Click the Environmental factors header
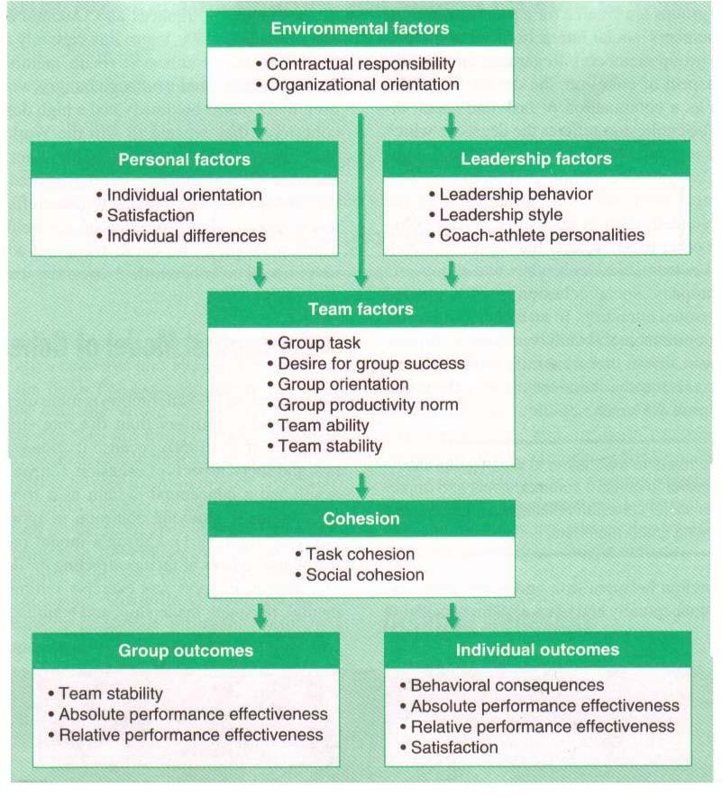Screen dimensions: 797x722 coord(361,29)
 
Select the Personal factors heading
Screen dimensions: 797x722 coord(185,160)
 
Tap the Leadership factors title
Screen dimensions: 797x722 coord(536,159)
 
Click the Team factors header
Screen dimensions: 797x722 coord(361,309)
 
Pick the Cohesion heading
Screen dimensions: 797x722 coord(361,519)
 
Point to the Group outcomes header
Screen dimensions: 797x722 coord(186,650)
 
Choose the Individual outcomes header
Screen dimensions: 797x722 coord(537,649)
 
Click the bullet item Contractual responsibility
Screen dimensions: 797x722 coord(361,64)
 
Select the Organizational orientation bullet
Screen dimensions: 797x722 coord(362,85)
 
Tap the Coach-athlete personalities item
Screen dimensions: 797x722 coord(542,235)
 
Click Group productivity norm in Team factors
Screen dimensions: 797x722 coord(368,404)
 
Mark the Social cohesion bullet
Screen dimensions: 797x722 coord(365,575)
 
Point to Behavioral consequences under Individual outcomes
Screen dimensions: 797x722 coord(507,685)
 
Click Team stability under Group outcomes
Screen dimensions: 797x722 coord(110,693)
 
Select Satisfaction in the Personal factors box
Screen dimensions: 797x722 coord(151,215)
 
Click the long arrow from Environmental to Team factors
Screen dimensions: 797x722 coord(361,198)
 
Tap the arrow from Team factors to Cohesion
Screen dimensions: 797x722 coord(361,485)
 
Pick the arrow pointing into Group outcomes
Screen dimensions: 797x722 coord(260,616)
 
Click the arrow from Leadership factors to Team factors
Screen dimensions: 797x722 coord(452,273)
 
